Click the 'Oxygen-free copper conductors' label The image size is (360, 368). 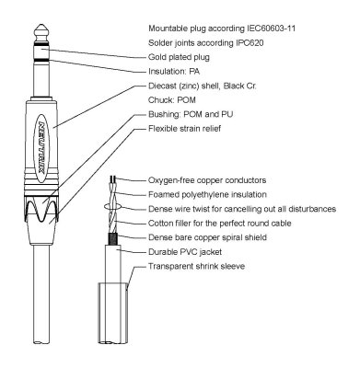coord(229,181)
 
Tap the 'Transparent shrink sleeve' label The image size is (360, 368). coord(217,265)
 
